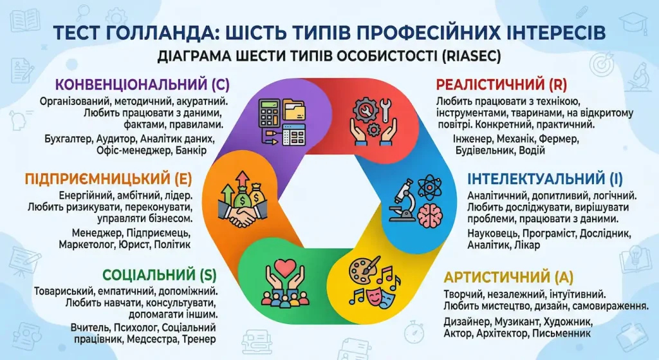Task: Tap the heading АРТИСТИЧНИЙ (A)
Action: pos(508,278)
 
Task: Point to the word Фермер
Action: pos(564,138)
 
